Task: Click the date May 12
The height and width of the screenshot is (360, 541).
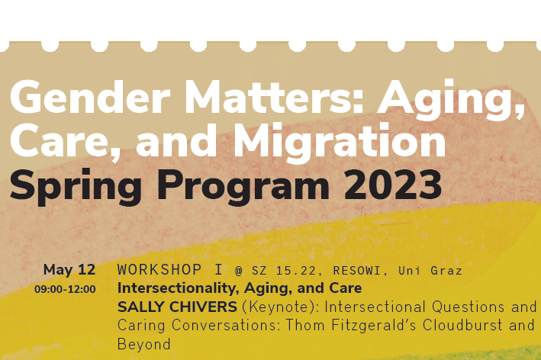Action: pos(69,270)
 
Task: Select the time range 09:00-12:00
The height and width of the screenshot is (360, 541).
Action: pos(65,289)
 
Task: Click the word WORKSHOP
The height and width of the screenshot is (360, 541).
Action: pos(159,270)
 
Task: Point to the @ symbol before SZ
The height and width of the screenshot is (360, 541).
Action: pos(239,271)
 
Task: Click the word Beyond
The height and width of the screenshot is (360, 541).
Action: pos(143,345)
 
